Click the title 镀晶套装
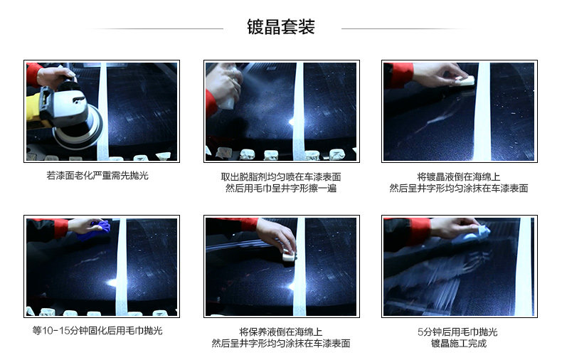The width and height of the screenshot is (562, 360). coord(280,27)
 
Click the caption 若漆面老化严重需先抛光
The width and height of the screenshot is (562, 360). coord(97,175)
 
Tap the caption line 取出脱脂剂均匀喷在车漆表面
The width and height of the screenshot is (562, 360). coord(281,176)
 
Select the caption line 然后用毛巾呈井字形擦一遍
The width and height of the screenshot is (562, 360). coord(281,189)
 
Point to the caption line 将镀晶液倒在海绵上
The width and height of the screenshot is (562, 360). coord(459,176)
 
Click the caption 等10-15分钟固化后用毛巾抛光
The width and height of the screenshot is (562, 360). coord(97,330)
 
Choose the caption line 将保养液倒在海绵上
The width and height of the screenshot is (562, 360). coord(281,332)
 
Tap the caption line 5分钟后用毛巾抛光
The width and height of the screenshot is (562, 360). coord(457,332)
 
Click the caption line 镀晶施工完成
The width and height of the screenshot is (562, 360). coord(459,343)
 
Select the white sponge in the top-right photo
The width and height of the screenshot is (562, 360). coord(464,80)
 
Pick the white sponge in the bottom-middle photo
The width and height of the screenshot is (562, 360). coord(289,255)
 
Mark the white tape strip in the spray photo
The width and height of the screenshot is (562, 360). coord(298,112)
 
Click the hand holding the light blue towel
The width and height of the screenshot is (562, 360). coord(453,227)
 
